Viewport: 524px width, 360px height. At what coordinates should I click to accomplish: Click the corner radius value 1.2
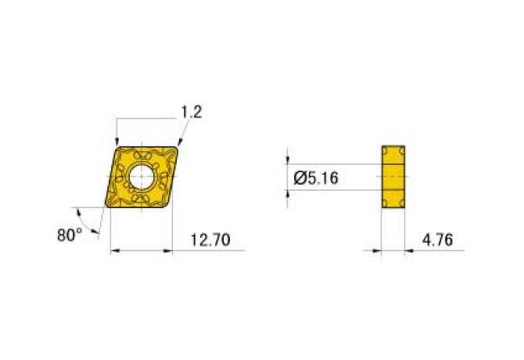coord(192,112)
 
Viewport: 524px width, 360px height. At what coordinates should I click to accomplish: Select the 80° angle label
coord(69,234)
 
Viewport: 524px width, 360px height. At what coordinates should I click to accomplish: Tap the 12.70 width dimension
coord(210,240)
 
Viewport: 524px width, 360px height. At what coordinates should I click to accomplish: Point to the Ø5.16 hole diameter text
coord(315,178)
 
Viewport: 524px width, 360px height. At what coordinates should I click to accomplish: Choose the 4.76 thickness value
coord(436,240)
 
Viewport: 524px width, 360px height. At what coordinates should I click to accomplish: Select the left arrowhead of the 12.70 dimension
coord(113,251)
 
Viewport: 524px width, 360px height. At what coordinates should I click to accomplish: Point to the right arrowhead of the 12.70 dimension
coord(167,251)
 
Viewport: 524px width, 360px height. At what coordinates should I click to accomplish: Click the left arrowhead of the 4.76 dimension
coord(378,251)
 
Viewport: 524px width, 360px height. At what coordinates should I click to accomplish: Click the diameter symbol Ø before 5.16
coord(300,178)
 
